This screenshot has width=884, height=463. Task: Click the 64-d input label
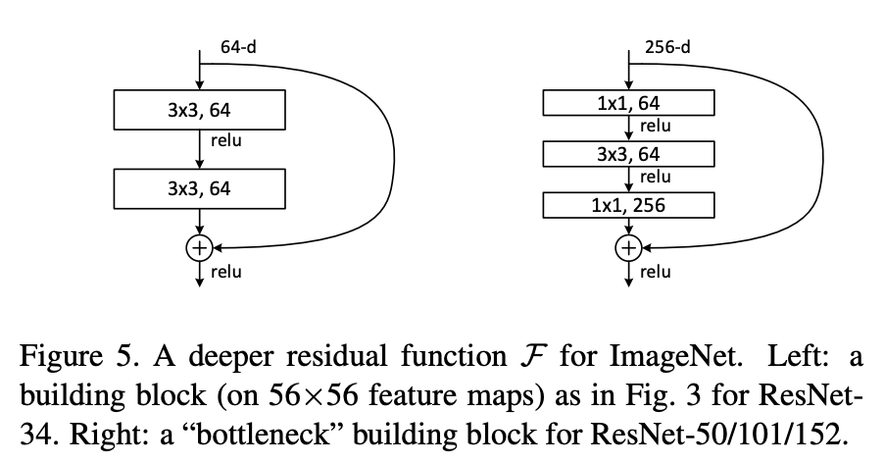238,47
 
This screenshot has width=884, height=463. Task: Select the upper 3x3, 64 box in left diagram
199,109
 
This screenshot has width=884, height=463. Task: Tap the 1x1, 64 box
628,101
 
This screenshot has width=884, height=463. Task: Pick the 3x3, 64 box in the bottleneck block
628,153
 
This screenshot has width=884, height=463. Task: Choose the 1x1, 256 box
628,204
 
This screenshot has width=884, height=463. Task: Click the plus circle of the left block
199,247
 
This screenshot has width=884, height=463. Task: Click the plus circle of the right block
627,247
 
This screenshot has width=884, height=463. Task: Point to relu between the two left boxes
226,140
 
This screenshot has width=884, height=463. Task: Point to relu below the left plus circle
226,272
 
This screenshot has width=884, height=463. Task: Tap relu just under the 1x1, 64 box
655,125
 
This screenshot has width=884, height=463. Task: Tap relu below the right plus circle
655,272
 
